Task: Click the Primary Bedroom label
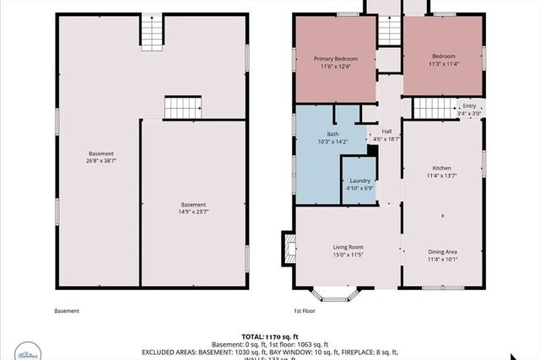(x=336, y=62)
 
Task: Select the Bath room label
(x=332, y=138)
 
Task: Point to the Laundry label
(x=359, y=184)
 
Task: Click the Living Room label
(x=345, y=250)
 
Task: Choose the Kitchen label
(x=442, y=173)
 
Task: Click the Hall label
(x=386, y=134)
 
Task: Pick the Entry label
(x=469, y=109)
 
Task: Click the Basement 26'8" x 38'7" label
(x=100, y=157)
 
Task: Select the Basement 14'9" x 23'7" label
(x=193, y=208)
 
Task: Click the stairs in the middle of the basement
(x=183, y=107)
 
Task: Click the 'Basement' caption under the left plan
(x=67, y=311)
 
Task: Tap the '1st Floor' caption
(x=305, y=311)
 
